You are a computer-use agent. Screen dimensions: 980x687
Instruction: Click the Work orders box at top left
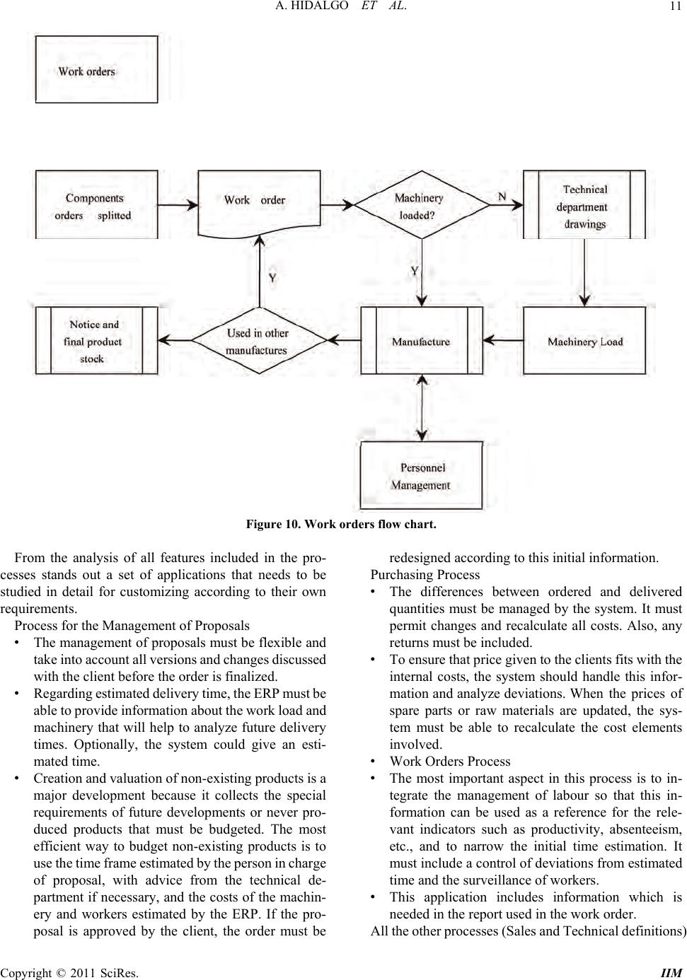[96, 70]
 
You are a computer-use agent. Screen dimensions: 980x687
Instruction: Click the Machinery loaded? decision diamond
[422, 206]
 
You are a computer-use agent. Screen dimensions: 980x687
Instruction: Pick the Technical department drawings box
[584, 206]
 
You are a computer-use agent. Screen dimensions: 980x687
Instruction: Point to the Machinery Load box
[584, 341]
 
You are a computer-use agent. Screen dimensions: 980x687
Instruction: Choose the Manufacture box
[422, 341]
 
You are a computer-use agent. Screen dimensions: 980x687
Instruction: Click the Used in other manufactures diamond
[259, 341]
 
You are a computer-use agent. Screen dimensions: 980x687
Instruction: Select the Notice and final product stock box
[96, 341]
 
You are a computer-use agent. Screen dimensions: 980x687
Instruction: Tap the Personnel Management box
[422, 476]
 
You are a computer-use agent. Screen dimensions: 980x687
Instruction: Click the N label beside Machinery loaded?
[502, 196]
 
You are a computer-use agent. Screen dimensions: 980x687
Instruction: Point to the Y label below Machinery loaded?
[415, 271]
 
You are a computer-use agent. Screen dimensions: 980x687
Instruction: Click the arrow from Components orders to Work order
[178, 205]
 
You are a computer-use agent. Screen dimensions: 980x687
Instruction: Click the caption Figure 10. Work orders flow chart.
[341, 525]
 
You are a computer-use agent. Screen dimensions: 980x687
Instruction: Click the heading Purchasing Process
[425, 575]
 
